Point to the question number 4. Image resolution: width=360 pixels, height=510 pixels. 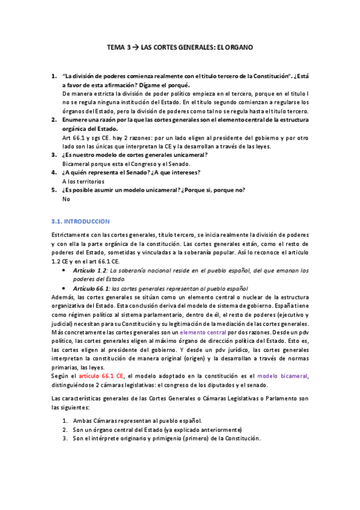(x=53, y=173)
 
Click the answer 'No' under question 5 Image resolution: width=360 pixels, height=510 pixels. (x=66, y=199)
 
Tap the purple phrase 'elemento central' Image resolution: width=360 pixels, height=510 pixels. (x=203, y=332)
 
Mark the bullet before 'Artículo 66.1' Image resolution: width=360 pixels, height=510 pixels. (x=64, y=288)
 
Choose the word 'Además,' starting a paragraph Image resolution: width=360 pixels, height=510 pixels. (x=64, y=297)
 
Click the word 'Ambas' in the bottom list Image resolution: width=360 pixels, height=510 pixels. (x=82, y=421)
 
